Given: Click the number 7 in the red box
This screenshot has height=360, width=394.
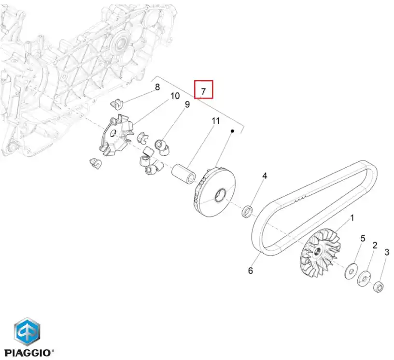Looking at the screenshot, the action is pyautogui.click(x=204, y=91).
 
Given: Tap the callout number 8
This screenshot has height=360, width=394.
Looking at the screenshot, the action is pyautogui.click(x=157, y=87).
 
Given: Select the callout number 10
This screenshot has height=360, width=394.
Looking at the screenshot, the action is pyautogui.click(x=175, y=96).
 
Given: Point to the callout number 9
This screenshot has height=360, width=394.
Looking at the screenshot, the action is pyautogui.click(x=187, y=104).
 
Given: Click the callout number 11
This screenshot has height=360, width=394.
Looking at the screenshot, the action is pyautogui.click(x=216, y=121).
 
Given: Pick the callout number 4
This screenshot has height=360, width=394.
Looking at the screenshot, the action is pyautogui.click(x=265, y=176).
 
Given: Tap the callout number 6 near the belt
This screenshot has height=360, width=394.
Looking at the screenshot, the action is pyautogui.click(x=250, y=271).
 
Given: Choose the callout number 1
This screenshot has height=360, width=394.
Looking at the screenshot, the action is pyautogui.click(x=352, y=218).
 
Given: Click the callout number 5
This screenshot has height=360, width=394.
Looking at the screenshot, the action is pyautogui.click(x=363, y=238).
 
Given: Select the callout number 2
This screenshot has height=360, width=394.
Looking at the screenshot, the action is pyautogui.click(x=375, y=245).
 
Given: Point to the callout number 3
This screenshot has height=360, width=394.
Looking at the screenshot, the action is pyautogui.click(x=387, y=252).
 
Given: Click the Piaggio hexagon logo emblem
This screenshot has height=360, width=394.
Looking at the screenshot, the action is pyautogui.click(x=27, y=331).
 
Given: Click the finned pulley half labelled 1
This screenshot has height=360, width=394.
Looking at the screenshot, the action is pyautogui.click(x=320, y=253).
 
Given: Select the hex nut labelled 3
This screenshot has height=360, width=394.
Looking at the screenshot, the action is pyautogui.click(x=379, y=287).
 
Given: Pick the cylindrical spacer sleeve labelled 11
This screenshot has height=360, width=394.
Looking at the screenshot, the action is pyautogui.click(x=183, y=173).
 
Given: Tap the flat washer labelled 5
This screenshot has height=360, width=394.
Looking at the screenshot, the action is pyautogui.click(x=352, y=271).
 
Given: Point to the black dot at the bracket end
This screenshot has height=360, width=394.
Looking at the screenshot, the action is pyautogui.click(x=233, y=131).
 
